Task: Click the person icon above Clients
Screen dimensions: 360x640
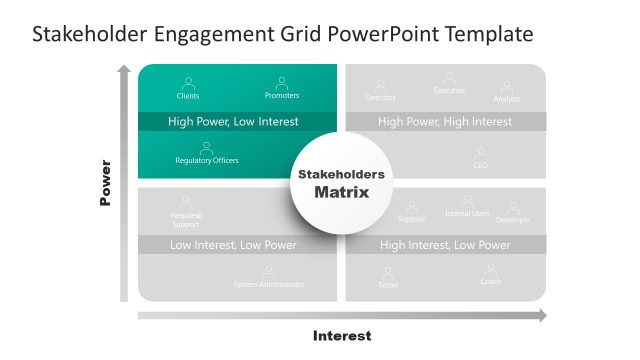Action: pos(187,83)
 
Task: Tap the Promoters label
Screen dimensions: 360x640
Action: pos(282,96)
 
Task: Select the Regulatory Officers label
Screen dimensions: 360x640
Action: pos(207,160)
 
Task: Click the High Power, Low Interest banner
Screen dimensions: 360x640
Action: pos(233,122)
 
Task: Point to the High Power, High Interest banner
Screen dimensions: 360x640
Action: pos(445,122)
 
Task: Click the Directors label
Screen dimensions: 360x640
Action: pos(380,98)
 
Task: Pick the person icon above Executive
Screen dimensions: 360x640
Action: pos(449,77)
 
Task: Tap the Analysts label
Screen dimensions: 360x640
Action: pos(507,99)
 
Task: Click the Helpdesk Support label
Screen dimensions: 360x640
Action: pos(186,220)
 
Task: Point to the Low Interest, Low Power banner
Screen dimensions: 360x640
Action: pos(233,245)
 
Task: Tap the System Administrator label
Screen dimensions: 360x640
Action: pos(269,285)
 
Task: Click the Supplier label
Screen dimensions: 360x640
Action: pos(412,219)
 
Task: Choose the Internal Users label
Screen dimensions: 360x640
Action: pos(467,214)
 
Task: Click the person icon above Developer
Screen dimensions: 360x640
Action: pos(514,207)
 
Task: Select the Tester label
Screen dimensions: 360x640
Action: pos(387,285)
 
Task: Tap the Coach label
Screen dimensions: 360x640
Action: pos(491,282)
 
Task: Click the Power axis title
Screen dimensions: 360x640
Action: pos(105,183)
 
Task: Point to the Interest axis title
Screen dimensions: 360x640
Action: pos(342,336)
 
